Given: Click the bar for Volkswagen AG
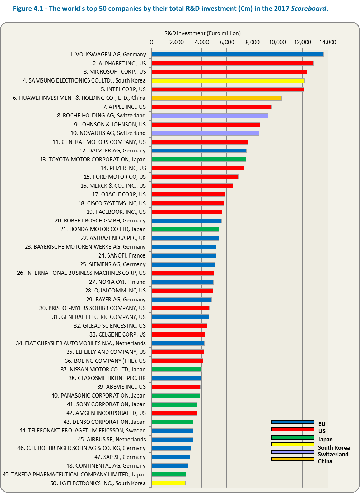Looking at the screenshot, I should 237,55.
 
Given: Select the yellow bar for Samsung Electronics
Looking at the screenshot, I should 228,81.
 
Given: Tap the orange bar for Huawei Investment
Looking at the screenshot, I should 216,98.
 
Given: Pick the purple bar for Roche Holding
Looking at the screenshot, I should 210,116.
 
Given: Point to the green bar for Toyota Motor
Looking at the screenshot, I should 198,159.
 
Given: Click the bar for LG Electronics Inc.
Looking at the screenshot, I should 168,483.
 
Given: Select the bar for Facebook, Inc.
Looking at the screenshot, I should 187,212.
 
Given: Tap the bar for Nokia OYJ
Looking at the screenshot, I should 182,282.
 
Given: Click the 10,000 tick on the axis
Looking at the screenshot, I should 277,42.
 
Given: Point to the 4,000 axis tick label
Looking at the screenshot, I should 202,42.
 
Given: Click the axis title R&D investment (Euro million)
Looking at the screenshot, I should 202,33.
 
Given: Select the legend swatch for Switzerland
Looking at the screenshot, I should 293,452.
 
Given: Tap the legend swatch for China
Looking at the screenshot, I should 293,459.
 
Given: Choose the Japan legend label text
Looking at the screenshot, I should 325,440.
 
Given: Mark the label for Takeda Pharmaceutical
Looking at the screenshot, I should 74,475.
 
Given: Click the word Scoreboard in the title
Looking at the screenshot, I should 309,9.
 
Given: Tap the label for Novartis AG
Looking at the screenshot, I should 108,133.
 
